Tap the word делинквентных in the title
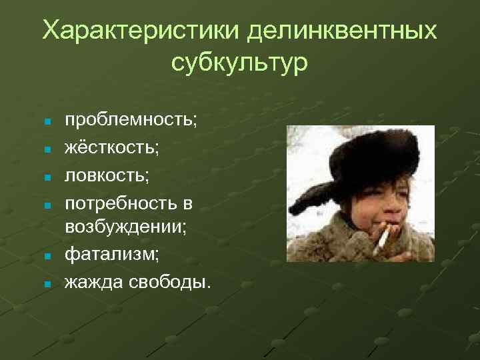point(342,31)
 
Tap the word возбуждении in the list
point(125,227)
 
